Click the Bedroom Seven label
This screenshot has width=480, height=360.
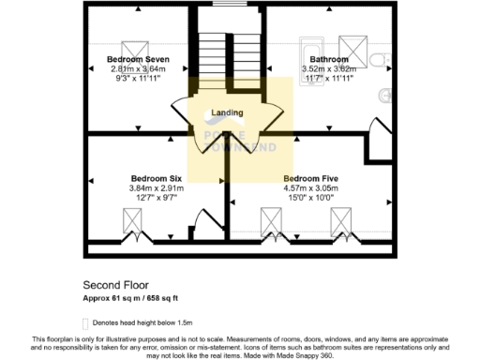coord(137,59)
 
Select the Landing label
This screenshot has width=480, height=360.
coord(228,113)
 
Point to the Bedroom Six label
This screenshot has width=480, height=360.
coord(156,178)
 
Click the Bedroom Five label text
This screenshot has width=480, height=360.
coord(310,178)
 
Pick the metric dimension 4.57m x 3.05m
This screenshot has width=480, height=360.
coord(310,188)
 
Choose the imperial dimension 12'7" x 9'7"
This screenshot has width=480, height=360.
coord(156,198)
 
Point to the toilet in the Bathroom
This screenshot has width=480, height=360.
coord(382,60)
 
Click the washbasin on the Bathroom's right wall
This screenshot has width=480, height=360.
coord(386,94)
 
